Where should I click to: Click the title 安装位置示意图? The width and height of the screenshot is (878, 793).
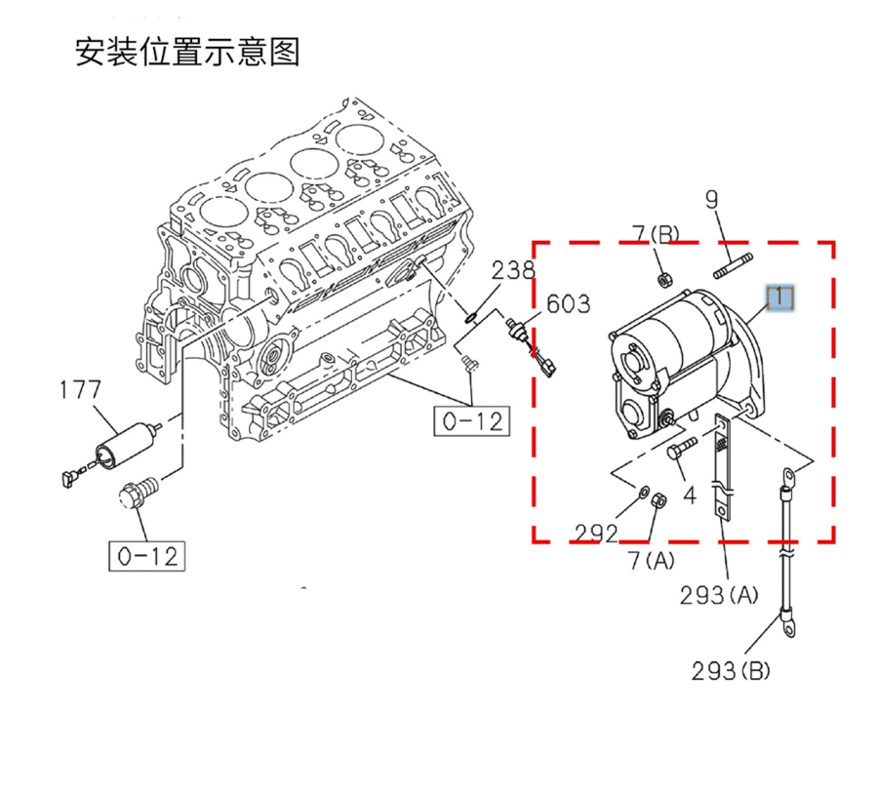pyautogui.click(x=187, y=52)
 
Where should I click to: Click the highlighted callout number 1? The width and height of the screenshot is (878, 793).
pyautogui.click(x=781, y=297)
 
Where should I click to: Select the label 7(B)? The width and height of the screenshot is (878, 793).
pyautogui.click(x=655, y=233)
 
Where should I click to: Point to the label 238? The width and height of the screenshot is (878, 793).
pyautogui.click(x=512, y=270)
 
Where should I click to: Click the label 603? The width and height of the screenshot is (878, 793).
pyautogui.click(x=567, y=304)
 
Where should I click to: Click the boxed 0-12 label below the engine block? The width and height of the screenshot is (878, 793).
pyautogui.click(x=472, y=421)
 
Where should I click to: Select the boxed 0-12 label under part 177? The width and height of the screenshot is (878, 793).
pyautogui.click(x=146, y=556)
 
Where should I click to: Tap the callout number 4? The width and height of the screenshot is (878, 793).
pyautogui.click(x=690, y=496)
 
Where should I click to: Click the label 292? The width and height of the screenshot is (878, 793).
pyautogui.click(x=596, y=533)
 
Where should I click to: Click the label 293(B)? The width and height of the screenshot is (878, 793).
pyautogui.click(x=732, y=671)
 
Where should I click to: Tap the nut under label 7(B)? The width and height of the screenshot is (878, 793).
pyautogui.click(x=662, y=278)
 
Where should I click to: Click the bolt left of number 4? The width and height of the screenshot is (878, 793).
pyautogui.click(x=681, y=449)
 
